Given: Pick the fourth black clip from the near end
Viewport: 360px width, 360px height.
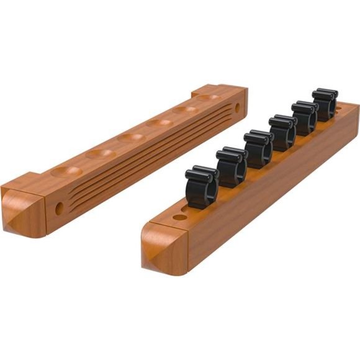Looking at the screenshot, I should coord(282,132).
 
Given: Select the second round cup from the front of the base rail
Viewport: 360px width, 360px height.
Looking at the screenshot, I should coord(99,152).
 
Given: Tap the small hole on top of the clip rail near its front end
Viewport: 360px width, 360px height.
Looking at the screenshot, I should coord(179,217).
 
